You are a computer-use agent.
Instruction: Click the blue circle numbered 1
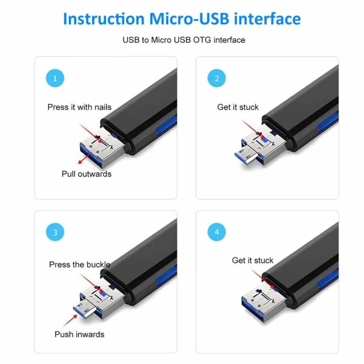coord(55,78)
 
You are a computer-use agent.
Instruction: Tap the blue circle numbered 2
coord(217,78)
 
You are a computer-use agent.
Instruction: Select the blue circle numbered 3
coord(55,233)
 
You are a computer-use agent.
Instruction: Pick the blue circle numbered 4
coord(217,233)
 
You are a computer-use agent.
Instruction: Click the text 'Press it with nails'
coord(79,107)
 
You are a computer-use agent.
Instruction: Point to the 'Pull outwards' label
coord(86,174)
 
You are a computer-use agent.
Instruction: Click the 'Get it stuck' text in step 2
coord(238,107)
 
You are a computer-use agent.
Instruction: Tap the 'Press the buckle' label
coord(79,264)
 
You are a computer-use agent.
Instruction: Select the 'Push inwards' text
coord(79,334)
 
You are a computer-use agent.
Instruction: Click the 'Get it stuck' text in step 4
coord(252,260)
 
